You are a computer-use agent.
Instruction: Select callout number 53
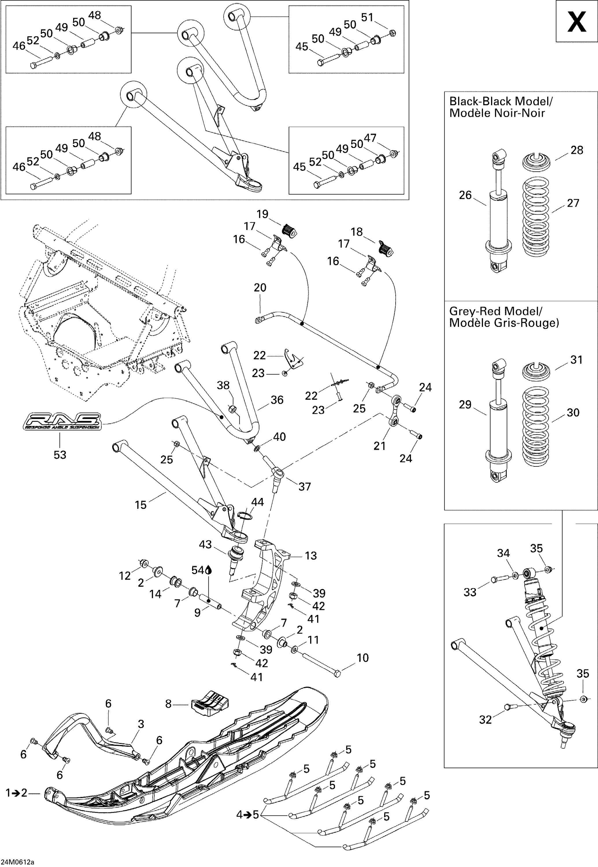(x=60, y=455)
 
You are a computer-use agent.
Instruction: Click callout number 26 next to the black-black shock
(x=465, y=195)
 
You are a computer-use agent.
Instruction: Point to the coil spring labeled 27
(x=536, y=217)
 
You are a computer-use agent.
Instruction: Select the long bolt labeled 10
(x=320, y=663)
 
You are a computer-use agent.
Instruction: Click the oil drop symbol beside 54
(x=209, y=570)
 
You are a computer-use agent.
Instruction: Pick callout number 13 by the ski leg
(x=311, y=556)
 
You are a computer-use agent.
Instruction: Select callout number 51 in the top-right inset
(x=367, y=17)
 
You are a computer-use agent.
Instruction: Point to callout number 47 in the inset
(x=370, y=138)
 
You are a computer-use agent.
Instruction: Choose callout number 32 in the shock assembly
(x=485, y=719)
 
